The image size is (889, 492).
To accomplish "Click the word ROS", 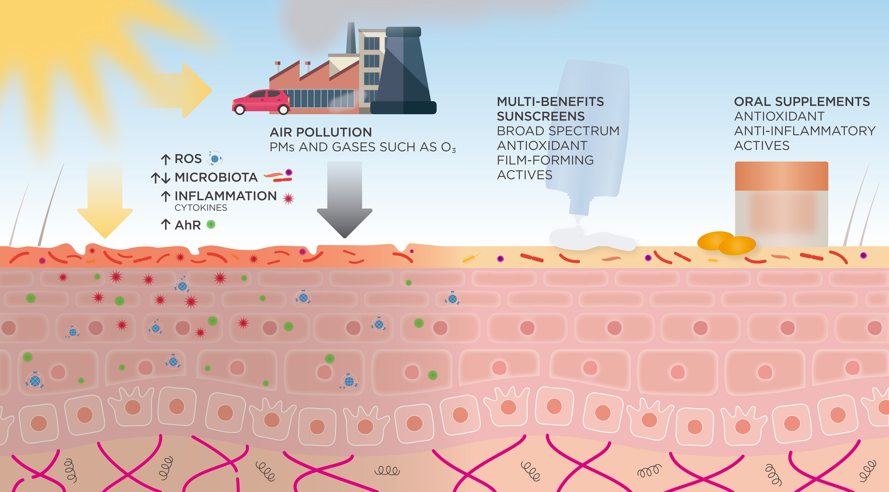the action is click(188, 159).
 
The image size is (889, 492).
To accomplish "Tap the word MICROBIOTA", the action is click(216, 177).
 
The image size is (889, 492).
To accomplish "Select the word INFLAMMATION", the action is click(226, 196).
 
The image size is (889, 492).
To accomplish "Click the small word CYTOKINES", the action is click(201, 208).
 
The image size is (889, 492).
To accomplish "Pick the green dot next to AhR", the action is click(211, 225).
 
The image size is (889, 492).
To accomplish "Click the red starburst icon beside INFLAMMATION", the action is click(288, 198).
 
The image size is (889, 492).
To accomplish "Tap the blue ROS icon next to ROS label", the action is click(215, 159).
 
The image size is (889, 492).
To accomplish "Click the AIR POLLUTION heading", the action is click(321, 132).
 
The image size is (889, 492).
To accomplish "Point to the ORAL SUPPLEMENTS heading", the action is click(801, 102).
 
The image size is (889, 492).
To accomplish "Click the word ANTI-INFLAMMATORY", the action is click(804, 131).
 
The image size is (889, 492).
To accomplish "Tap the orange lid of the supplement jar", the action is click(781, 176).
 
